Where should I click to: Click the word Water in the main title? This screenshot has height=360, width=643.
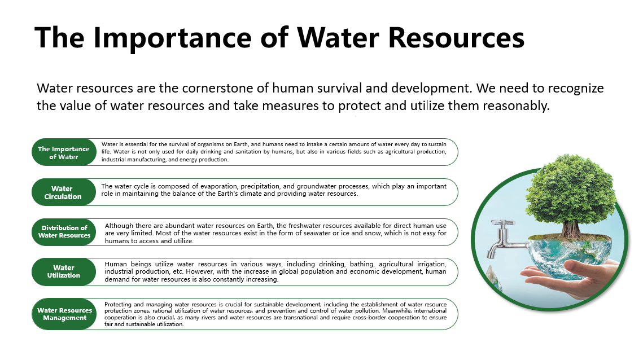pos(338,38)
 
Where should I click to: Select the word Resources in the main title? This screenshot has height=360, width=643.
pos(456,38)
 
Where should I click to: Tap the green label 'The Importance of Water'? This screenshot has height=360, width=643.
pos(64,152)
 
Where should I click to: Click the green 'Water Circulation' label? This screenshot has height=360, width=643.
pos(64,192)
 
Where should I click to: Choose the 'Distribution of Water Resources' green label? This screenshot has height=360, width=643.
pos(64,232)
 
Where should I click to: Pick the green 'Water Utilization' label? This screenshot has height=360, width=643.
pos(64,271)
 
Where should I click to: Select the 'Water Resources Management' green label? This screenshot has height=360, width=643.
pos(64,314)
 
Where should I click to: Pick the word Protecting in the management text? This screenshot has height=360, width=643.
pos(118,304)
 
